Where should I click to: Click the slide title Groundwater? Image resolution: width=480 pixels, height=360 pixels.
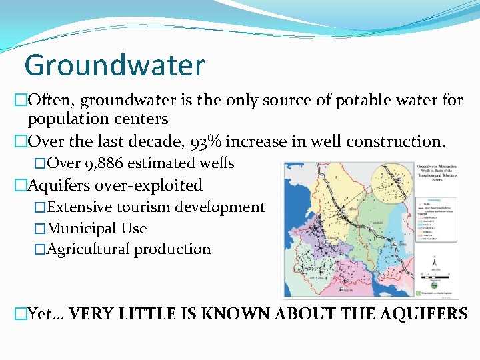coord(114,65)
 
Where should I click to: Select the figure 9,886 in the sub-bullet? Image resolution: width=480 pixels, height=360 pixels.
coord(102,163)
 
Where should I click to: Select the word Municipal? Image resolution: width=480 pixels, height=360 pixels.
coord(83,228)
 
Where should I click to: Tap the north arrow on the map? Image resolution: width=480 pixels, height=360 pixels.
coord(434,262)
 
